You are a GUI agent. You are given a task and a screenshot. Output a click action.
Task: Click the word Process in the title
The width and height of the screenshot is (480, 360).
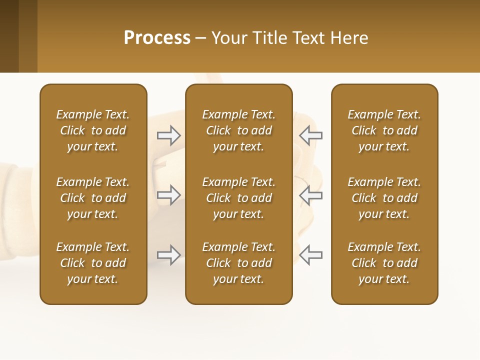click(157, 38)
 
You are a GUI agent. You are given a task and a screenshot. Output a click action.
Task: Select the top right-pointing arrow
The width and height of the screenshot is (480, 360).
click(168, 135)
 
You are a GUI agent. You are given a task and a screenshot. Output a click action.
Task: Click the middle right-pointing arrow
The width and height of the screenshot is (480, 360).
click(168, 195)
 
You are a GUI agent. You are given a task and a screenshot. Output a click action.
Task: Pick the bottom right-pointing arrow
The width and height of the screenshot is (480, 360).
click(168, 255)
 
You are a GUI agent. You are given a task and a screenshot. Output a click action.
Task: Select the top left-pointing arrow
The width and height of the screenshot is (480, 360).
click(311, 135)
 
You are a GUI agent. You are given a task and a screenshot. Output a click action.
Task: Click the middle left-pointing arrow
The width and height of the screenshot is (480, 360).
click(311, 195)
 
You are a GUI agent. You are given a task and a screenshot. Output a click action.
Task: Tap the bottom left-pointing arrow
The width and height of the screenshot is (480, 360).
click(311, 255)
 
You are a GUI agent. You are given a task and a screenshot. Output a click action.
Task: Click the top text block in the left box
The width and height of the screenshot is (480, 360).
click(93, 130)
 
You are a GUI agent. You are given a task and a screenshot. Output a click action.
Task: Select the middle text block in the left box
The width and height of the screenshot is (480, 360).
click(93, 198)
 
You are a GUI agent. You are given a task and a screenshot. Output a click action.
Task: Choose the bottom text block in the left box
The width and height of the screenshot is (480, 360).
click(93, 263)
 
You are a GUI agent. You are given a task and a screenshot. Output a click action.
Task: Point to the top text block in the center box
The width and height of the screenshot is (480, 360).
click(238, 130)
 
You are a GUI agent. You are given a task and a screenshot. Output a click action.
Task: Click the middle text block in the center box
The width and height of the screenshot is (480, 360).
click(238, 198)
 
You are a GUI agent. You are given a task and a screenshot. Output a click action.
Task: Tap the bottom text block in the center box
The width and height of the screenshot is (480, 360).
click(238, 263)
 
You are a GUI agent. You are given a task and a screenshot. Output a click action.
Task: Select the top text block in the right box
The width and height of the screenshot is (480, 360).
click(384, 130)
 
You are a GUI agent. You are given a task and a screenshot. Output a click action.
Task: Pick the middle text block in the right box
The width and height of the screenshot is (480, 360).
click(384, 198)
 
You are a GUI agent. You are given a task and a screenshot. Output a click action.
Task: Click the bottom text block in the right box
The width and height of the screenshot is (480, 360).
click(384, 263)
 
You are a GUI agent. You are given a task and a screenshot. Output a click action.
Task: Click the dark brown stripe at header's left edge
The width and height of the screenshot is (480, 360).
click(9, 36)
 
